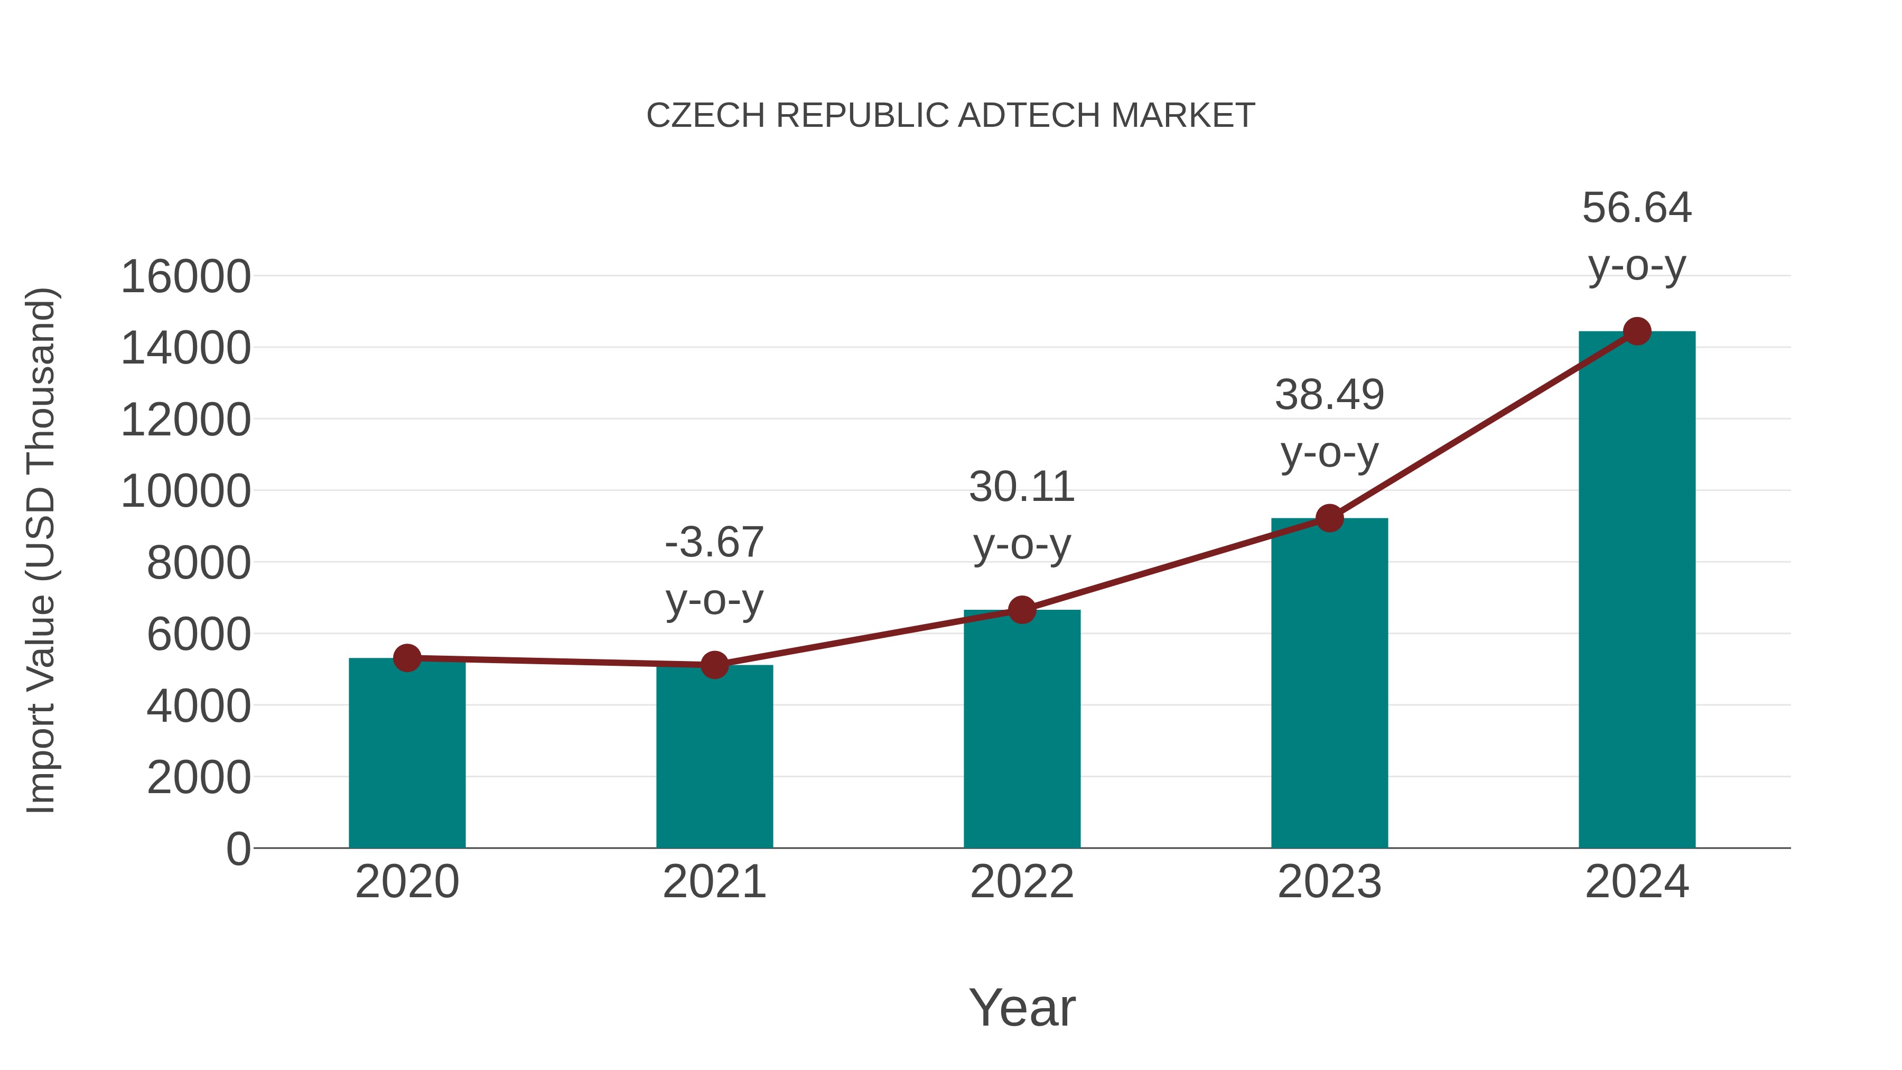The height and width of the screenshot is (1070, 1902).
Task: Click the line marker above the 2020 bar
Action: click(407, 657)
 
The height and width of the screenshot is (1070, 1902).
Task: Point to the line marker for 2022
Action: click(1022, 610)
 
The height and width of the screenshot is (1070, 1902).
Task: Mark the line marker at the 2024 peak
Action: click(1637, 331)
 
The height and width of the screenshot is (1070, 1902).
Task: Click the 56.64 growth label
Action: click(1637, 208)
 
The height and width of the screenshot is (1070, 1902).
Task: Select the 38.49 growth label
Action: click(1329, 395)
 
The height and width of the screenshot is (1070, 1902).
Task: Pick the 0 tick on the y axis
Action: click(238, 849)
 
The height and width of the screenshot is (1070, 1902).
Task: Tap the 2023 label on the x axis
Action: click(1329, 882)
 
